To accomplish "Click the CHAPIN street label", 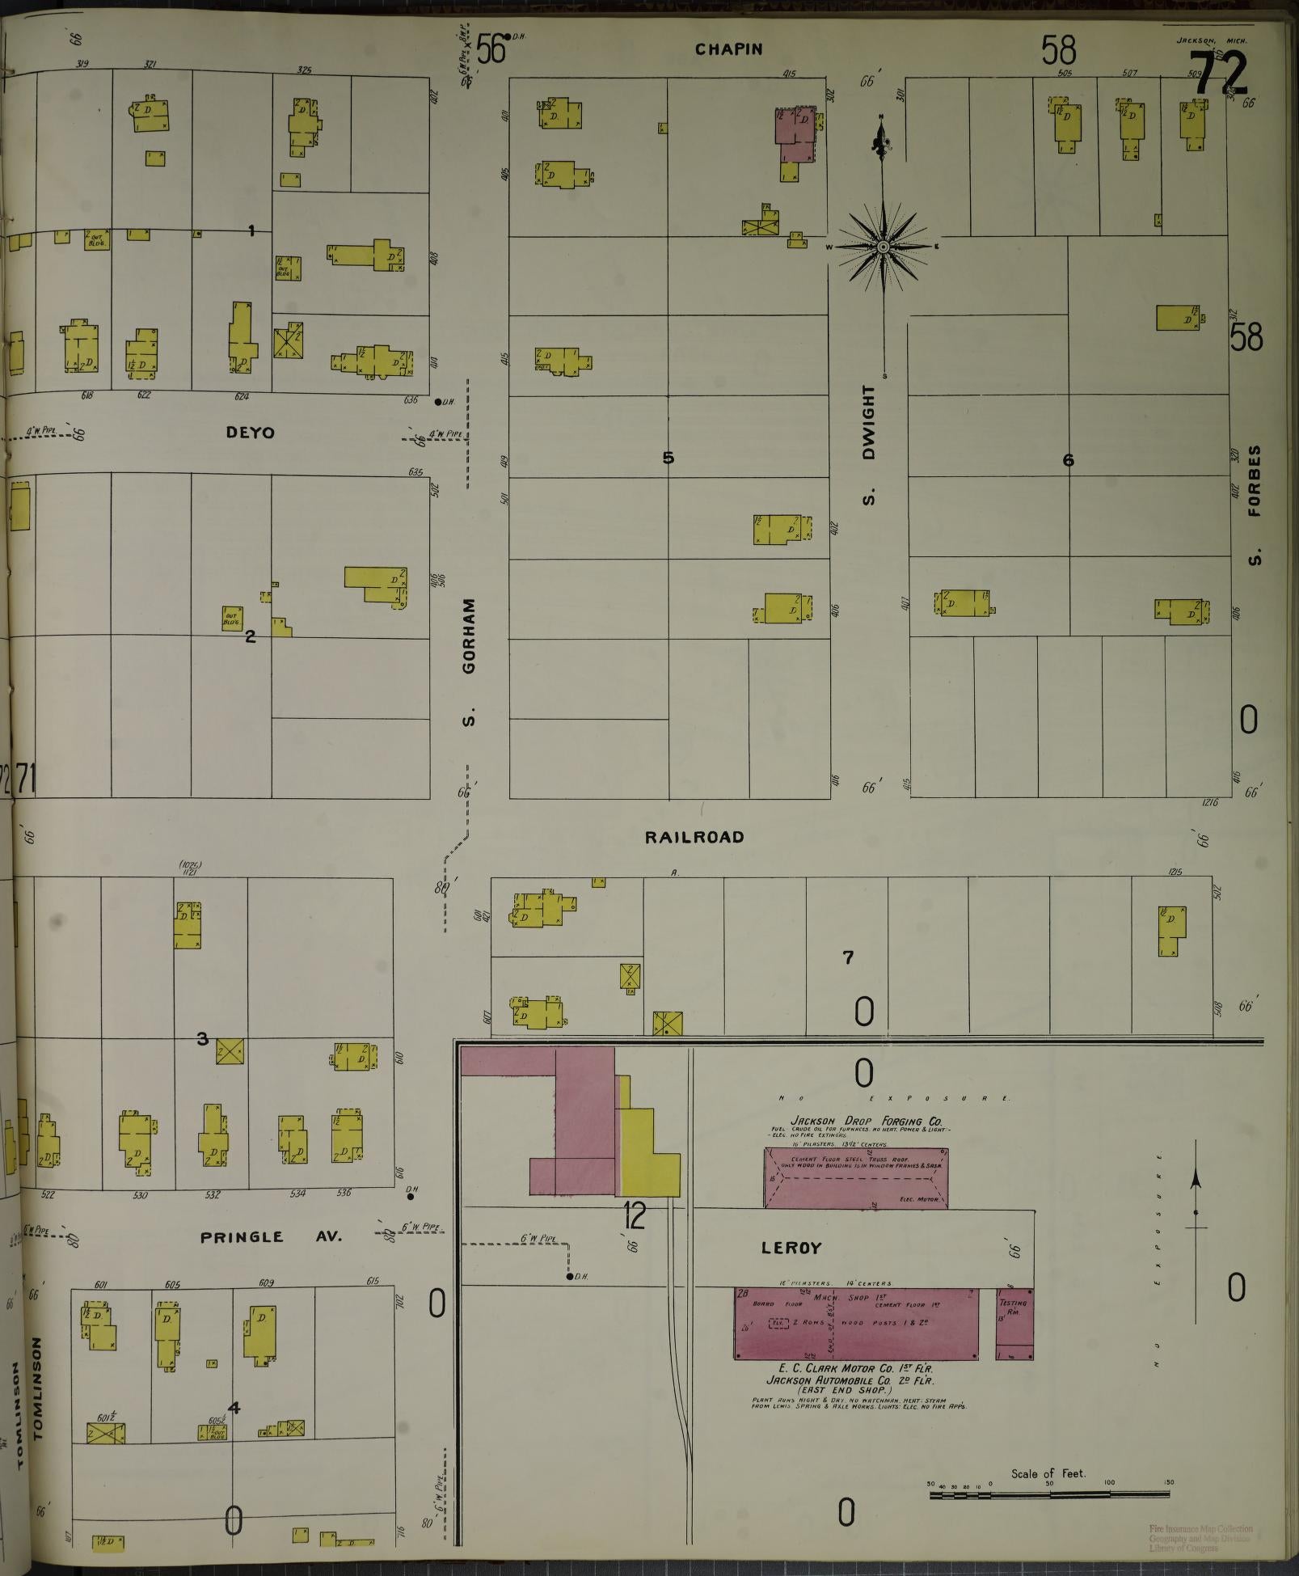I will pos(728,49).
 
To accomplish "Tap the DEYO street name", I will pos(250,433).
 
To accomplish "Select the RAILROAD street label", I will pos(694,837).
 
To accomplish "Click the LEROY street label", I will pos(791,1248).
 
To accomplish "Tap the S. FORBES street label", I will pos(1254,505).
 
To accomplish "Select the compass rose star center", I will pos(883,246).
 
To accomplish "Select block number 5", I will pos(668,458).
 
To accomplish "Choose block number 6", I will pos(1068,460).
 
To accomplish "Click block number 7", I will pos(848,957).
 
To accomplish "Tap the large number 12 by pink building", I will pos(635,1215).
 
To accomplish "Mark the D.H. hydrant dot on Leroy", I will pos(570,1276).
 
